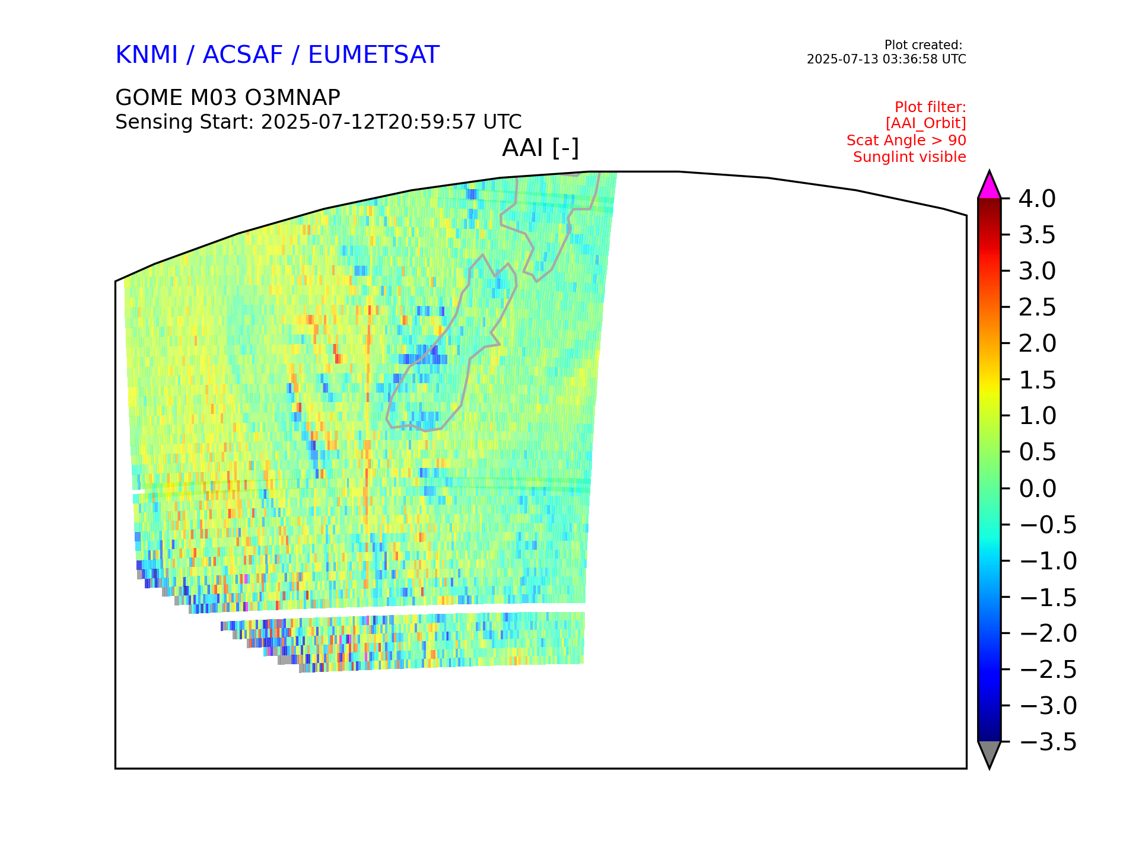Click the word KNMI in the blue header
[147, 55]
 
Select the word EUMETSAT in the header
[374, 55]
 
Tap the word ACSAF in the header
[243, 55]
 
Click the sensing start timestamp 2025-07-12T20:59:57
[368, 122]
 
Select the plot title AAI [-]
[540, 148]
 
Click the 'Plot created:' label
[923, 45]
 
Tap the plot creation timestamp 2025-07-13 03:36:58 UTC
[886, 59]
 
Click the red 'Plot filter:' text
[930, 107]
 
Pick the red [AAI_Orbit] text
[926, 123]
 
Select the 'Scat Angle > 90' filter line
[906, 141]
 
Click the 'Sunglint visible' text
[909, 157]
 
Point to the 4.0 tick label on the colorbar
[1038, 199]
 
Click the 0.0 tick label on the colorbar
[1038, 489]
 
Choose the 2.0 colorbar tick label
[1038, 344]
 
